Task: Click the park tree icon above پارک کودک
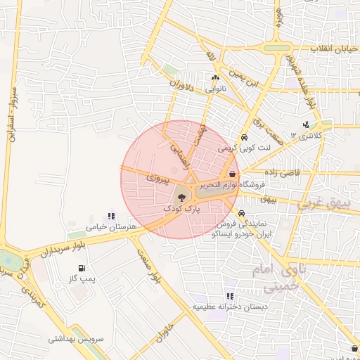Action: click(x=181, y=198)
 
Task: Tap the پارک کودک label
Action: click(x=181, y=210)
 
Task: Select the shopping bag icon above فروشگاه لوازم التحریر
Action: click(x=232, y=174)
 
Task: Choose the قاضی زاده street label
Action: click(x=281, y=172)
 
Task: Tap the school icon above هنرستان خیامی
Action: click(x=110, y=217)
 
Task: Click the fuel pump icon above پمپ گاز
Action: click(x=83, y=268)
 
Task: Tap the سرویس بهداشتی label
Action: click(x=76, y=338)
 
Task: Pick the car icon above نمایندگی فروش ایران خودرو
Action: click(x=242, y=214)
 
